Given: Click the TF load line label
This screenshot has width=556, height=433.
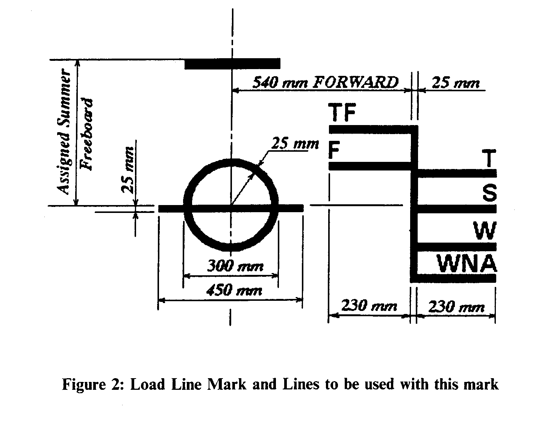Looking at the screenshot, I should tap(342, 113).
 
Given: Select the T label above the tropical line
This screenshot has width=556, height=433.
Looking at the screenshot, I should tap(488, 158).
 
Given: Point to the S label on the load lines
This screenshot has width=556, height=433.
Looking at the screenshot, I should tap(489, 194).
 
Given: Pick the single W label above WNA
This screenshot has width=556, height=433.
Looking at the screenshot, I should tap(485, 230).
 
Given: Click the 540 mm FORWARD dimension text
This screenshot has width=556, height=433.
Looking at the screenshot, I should tap(325, 82).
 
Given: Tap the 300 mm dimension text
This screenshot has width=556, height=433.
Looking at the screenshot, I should tap(235, 266).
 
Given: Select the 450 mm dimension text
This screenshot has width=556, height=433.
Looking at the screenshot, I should tap(234, 290).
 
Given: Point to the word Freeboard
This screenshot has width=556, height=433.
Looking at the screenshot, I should tap(87, 134).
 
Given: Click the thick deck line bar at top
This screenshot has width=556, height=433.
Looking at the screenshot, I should tap(232, 64).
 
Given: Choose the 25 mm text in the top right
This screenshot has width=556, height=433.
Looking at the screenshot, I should tap(456, 83).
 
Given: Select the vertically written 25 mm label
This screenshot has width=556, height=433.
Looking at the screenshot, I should tap(128, 170).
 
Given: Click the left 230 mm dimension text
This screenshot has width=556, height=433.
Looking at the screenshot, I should tap(369, 306).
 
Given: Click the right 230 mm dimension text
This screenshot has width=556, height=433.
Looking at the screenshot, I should tap(456, 307).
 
